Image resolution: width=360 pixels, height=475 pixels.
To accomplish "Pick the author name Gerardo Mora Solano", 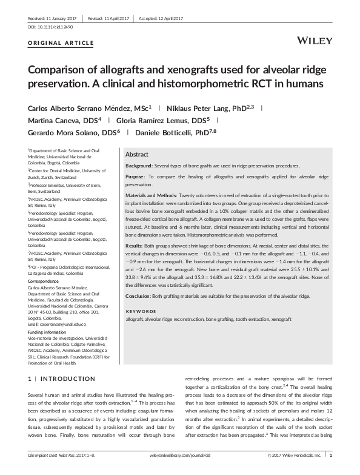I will coord(64,133).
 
